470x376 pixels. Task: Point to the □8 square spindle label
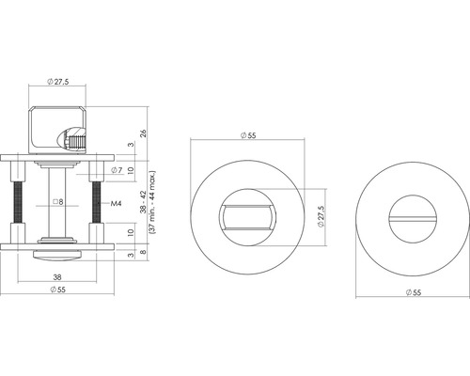57,202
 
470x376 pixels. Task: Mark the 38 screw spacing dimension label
59,278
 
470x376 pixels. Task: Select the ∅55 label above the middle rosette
248,136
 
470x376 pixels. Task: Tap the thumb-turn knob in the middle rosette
247,219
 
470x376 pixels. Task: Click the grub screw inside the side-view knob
77,140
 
